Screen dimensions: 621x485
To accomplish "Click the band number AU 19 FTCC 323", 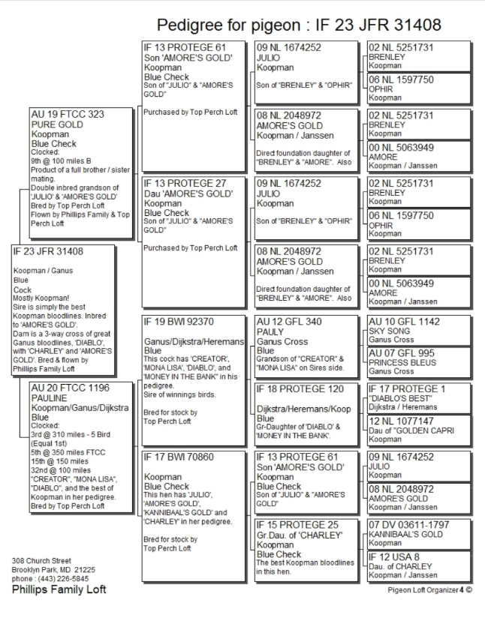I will coord(67,114).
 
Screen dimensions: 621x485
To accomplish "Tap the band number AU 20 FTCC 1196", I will coord(70,388).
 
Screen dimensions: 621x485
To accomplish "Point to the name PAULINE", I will coord(50,398).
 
